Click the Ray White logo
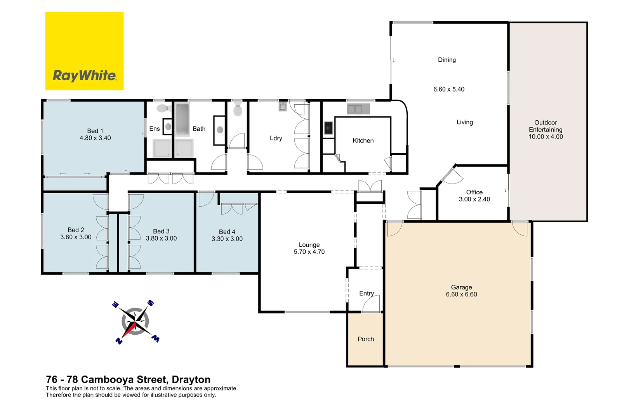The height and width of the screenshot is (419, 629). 84,51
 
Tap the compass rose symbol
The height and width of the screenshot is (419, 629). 135,322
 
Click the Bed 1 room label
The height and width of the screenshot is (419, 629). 95,131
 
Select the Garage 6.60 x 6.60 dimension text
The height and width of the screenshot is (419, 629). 461,294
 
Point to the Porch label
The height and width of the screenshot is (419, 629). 365,339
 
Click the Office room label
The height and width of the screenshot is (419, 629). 474,192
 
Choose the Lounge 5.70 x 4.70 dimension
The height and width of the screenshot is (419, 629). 309,252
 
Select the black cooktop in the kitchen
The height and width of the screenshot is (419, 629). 328,128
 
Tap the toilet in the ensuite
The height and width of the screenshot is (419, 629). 163,108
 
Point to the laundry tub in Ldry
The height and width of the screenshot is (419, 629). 283,106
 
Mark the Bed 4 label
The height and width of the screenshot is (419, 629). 227,232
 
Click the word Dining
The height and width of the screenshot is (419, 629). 447,60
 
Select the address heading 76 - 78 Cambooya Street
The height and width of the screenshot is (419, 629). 128,379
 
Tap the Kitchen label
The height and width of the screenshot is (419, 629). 363,140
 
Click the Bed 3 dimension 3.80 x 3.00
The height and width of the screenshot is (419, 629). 161,238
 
